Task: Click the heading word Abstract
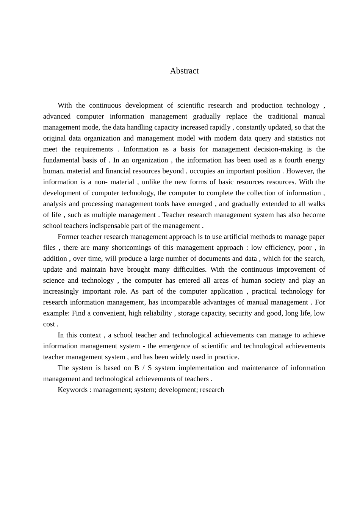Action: point(184,71)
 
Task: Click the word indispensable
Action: point(111,226)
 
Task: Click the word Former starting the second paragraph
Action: point(68,237)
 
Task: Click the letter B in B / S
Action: point(136,368)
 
